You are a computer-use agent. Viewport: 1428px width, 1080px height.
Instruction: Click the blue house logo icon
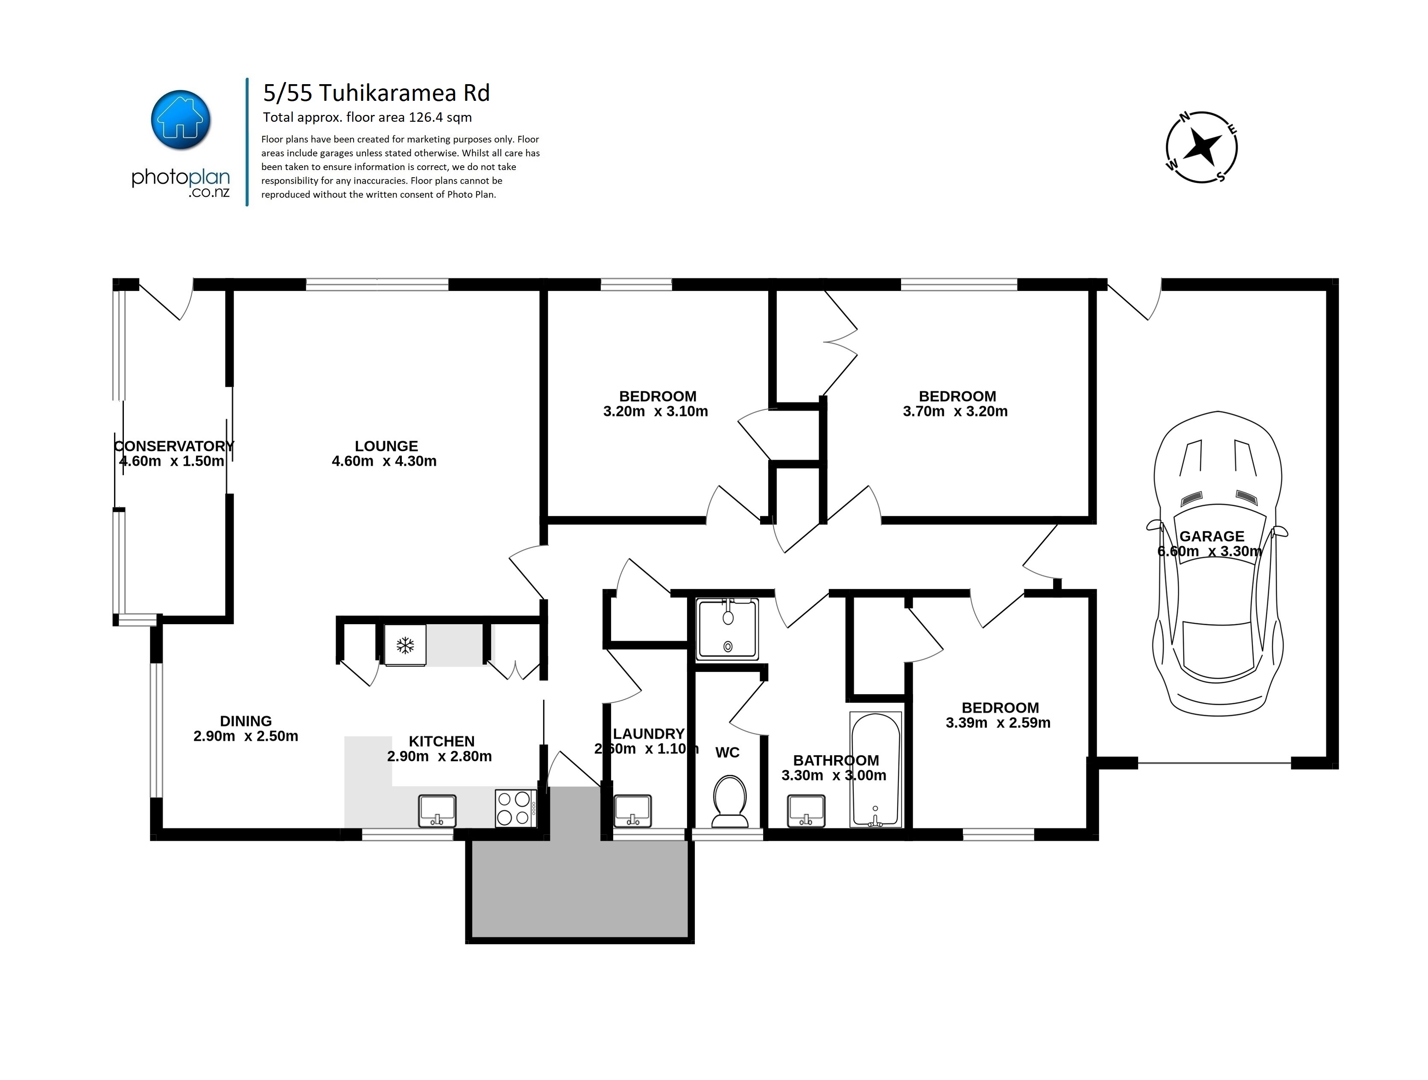pyautogui.click(x=181, y=120)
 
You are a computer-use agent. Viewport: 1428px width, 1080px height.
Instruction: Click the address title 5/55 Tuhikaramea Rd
pyautogui.click(x=376, y=93)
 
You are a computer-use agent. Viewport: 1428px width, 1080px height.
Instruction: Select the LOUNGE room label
pyautogui.click(x=386, y=446)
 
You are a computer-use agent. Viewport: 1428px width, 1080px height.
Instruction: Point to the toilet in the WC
pyautogui.click(x=729, y=801)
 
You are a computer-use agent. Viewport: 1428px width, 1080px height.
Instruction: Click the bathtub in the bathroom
pyautogui.click(x=875, y=769)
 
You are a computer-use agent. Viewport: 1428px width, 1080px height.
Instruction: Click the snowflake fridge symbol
pyautogui.click(x=405, y=645)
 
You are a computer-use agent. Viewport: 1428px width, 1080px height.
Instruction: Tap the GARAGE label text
pyautogui.click(x=1212, y=536)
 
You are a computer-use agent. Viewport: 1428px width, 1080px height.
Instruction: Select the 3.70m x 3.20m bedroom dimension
pyautogui.click(x=955, y=411)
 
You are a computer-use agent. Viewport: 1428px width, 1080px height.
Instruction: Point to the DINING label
pyautogui.click(x=246, y=721)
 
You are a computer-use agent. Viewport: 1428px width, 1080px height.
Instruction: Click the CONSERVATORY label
pyautogui.click(x=174, y=446)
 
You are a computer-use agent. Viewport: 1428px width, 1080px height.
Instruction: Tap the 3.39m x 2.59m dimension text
pyautogui.click(x=998, y=723)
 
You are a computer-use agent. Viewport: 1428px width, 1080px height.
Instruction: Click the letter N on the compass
pyautogui.click(x=1185, y=117)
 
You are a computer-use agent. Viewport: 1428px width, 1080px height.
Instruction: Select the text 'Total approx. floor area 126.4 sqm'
pyautogui.click(x=367, y=117)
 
